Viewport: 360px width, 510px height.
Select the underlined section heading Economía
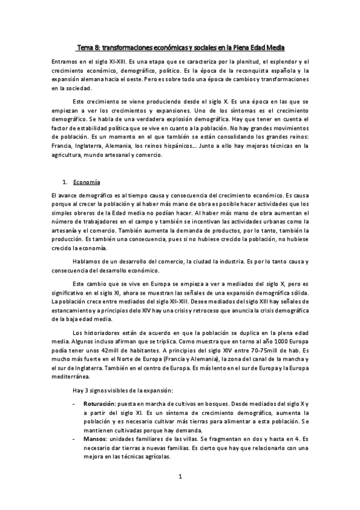coord(87,182)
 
